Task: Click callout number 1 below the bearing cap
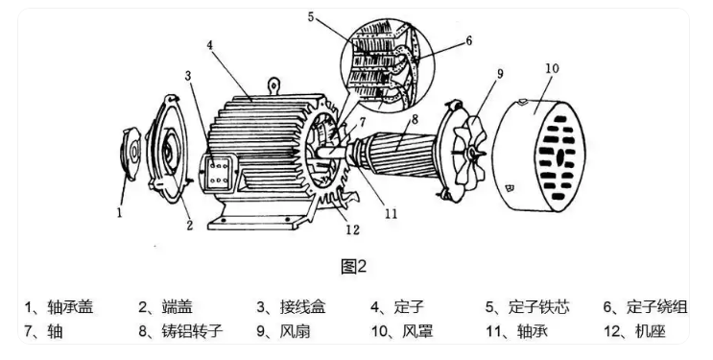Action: tap(120, 212)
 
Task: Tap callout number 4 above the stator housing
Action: tap(209, 46)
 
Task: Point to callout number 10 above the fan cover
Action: tap(552, 68)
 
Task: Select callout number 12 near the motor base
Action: tap(352, 229)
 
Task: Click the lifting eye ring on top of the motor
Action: tap(273, 84)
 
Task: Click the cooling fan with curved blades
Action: tap(470, 151)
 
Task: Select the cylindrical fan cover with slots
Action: tap(539, 156)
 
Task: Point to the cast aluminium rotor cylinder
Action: tap(401, 153)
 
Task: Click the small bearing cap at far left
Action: tap(131, 154)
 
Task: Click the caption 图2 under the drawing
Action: tap(353, 266)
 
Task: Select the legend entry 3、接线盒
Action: tap(291, 307)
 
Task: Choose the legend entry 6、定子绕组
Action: tap(645, 307)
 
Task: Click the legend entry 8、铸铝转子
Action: tap(180, 331)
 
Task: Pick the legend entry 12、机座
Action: tap(634, 331)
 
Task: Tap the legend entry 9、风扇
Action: tap(283, 331)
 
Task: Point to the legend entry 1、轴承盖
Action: tap(59, 307)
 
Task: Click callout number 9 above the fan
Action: tap(500, 73)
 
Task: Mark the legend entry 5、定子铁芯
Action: tap(527, 307)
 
